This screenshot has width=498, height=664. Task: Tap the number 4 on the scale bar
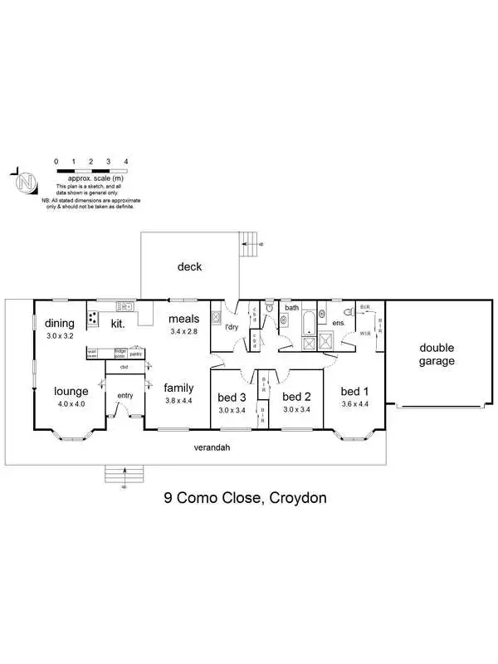pos(125,161)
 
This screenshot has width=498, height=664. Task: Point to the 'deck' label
pos(189,266)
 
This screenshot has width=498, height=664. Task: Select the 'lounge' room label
pos(71,391)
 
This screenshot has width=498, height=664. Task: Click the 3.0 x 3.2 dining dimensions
pos(60,338)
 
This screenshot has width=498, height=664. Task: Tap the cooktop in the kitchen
pos(94,317)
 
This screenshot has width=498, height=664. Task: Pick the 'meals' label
pos(183,319)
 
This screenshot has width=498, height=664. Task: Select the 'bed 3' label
pos(232,396)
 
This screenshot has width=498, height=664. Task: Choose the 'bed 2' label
pos(295,396)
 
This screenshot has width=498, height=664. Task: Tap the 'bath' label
pos(291,308)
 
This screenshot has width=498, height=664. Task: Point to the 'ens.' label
pos(338,322)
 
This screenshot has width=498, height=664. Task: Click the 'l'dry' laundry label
pos(232,327)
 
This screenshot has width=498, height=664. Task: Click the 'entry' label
pos(124,395)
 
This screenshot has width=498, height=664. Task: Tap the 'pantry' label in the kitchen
pos(136,354)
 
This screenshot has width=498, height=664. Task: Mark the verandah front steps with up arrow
pos(124,474)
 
